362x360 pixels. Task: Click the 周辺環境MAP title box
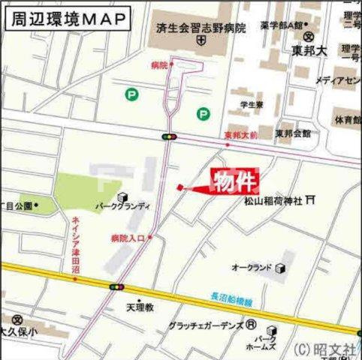coord(65,18)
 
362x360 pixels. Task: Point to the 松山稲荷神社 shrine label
coord(272,201)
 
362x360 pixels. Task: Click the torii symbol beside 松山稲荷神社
coord(310,200)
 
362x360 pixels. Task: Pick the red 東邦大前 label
coord(240,135)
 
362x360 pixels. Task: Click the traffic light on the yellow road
coord(117,286)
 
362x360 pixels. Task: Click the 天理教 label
coord(139,307)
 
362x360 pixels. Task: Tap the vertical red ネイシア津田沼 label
coord(76,244)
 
